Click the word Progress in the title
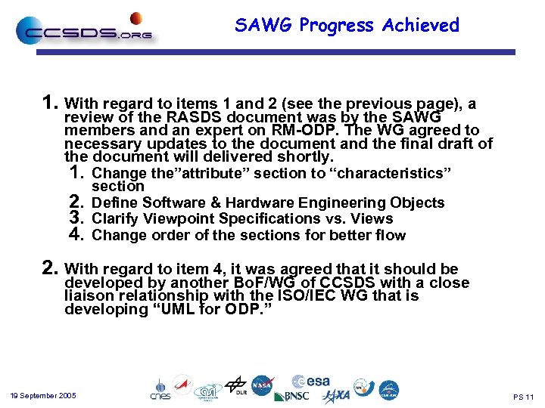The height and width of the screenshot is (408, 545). (337, 26)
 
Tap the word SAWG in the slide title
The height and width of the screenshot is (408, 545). (263, 26)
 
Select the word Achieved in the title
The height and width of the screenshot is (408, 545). (420, 26)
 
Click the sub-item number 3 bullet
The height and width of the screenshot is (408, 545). (74, 218)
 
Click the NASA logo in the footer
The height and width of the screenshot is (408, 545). (263, 385)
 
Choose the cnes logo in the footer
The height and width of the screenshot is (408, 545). (160, 388)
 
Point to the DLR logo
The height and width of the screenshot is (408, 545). (235, 385)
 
